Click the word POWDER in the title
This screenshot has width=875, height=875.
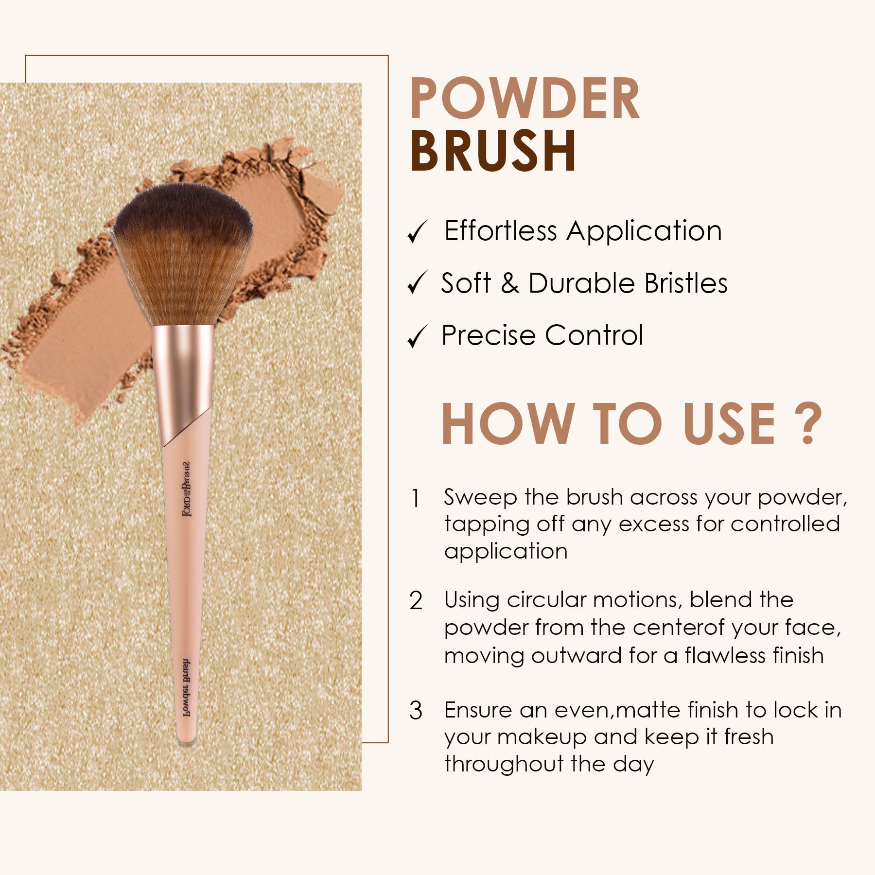coord(525,99)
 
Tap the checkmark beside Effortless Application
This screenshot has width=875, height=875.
coord(417,231)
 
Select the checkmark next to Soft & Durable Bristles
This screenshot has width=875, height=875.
coord(417,283)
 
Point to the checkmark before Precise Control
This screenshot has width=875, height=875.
coord(417,337)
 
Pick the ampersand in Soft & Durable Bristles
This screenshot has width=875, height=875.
coord(509,283)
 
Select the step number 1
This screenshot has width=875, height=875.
coord(415,499)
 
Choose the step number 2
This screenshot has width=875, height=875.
coord(416,601)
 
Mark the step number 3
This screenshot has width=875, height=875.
coord(416,711)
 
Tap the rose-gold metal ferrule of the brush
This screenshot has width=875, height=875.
coord(183,379)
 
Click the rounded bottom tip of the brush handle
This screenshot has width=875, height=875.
coord(186,738)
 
